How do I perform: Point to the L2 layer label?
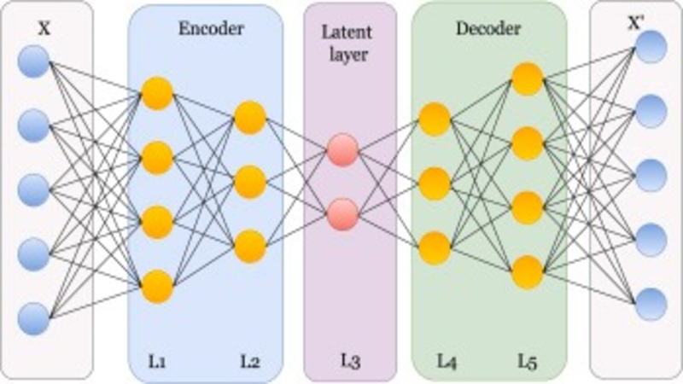(x=248, y=361)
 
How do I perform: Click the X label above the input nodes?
(x=45, y=28)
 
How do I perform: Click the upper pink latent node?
(x=341, y=148)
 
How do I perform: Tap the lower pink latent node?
(x=341, y=211)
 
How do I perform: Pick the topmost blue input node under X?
(x=33, y=62)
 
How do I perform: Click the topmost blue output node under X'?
(x=650, y=47)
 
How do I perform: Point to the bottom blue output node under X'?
(x=650, y=304)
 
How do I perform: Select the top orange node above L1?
(x=157, y=93)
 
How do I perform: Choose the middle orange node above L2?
(x=249, y=181)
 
